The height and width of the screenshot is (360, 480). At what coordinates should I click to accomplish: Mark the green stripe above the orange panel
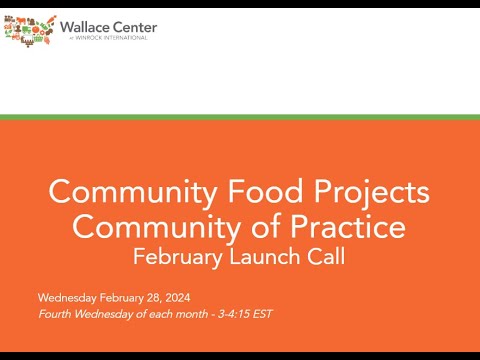pyautogui.click(x=240, y=117)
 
